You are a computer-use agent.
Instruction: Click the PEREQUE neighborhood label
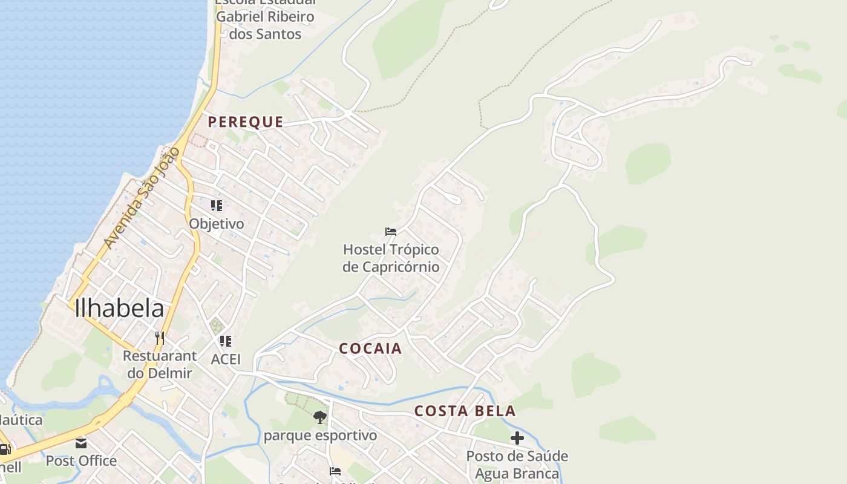tap(246, 122)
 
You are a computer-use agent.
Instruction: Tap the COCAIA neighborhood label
tap(370, 348)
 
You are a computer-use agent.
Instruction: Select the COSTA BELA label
tap(465, 411)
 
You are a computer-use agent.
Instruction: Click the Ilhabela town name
tap(119, 309)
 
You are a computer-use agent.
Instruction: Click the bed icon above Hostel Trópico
tap(391, 232)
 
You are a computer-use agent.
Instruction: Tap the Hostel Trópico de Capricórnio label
tap(391, 258)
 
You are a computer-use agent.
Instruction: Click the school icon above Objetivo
tap(217, 206)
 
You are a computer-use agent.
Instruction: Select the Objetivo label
tap(217, 224)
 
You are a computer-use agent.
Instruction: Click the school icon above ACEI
tap(226, 341)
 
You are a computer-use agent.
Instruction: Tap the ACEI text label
tap(226, 359)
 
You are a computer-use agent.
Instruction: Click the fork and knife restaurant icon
tap(160, 338)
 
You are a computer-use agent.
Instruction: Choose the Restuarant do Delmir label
tap(160, 364)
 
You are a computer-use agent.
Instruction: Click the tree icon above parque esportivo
tap(319, 417)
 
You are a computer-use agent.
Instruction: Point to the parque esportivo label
tap(319, 436)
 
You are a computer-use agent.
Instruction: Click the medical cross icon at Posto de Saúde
tap(517, 437)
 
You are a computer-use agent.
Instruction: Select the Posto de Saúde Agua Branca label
tap(517, 464)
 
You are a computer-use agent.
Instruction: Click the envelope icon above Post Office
tap(81, 443)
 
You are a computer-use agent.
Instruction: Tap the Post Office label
tap(81, 461)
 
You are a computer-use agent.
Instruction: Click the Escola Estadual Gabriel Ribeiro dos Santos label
tap(266, 18)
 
